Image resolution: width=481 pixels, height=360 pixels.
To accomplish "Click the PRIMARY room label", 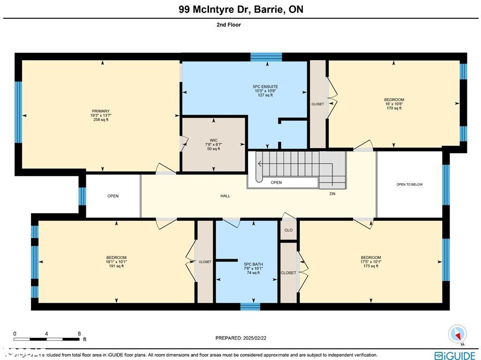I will pos(101,111).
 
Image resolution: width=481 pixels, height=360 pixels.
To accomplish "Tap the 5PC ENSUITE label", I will pos(265,86).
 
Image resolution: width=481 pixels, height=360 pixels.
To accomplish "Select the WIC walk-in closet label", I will pos(214,140).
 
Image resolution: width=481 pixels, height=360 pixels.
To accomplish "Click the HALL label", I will pos(225,196).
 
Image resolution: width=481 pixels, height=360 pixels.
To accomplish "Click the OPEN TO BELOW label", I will pos(410,185).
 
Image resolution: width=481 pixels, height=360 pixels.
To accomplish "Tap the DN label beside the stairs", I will pos(332,194).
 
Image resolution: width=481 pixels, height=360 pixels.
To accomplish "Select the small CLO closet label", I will pos(288,230).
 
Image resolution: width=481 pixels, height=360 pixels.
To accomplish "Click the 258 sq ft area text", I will pos(101,120).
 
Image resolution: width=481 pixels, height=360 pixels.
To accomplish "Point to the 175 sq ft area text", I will pos(371,266).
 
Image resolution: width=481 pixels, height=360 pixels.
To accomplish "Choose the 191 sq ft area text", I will pos(116,266).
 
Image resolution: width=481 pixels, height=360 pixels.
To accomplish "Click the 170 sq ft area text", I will pos(394,108).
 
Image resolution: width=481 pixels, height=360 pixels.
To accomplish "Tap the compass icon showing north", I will pos(457,334).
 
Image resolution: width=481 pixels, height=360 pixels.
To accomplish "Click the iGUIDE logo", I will pos(455,355).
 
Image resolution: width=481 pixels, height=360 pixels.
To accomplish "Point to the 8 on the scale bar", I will pos(79,333).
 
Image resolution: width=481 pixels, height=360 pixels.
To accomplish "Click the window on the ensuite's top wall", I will pos(266,57).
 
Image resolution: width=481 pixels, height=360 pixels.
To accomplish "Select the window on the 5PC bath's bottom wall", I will pos(250,307).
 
